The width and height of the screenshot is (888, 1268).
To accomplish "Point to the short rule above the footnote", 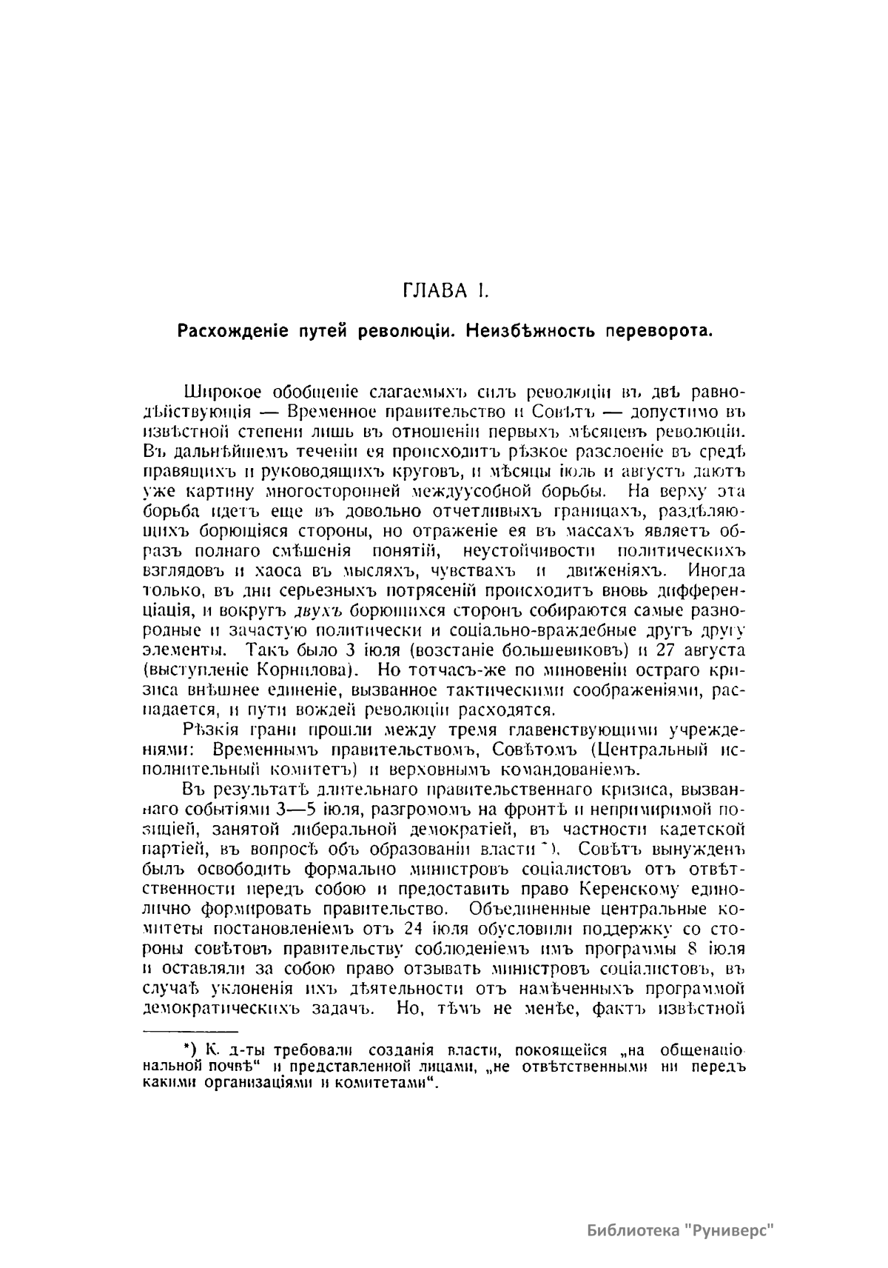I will pyautogui.click(x=189, y=1031).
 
